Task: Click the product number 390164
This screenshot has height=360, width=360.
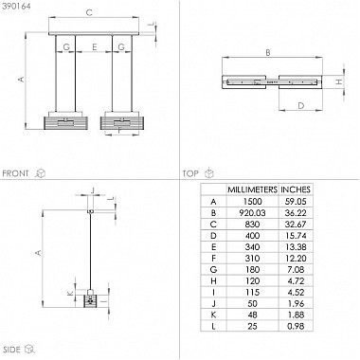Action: [x=16, y=7]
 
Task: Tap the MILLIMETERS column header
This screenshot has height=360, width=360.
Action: [x=252, y=189]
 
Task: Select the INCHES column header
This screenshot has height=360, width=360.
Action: [x=296, y=189]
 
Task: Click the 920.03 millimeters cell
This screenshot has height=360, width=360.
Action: [x=252, y=213]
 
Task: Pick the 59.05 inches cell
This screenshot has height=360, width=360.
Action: [x=296, y=202]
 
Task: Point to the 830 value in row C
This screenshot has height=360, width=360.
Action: [x=252, y=225]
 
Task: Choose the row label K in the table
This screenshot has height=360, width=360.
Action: [x=213, y=315]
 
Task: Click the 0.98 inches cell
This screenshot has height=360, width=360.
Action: [x=296, y=326]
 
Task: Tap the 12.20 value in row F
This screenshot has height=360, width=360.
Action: [x=296, y=259]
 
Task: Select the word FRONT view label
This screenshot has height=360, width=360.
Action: [x=15, y=173]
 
